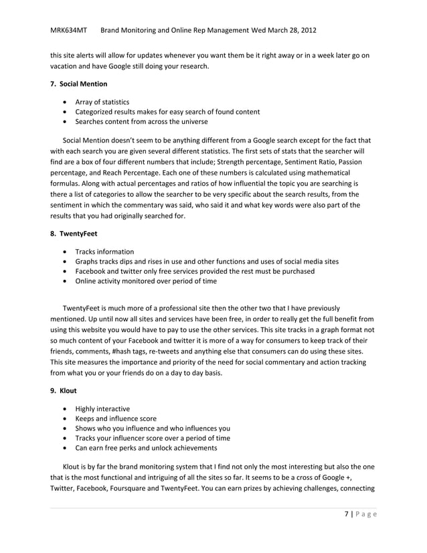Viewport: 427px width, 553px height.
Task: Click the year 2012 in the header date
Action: click(x=308, y=31)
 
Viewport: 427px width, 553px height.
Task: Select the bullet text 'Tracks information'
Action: click(x=104, y=252)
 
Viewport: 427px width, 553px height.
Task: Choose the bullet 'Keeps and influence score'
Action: click(x=116, y=418)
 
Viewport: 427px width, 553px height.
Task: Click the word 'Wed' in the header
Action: click(x=258, y=31)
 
